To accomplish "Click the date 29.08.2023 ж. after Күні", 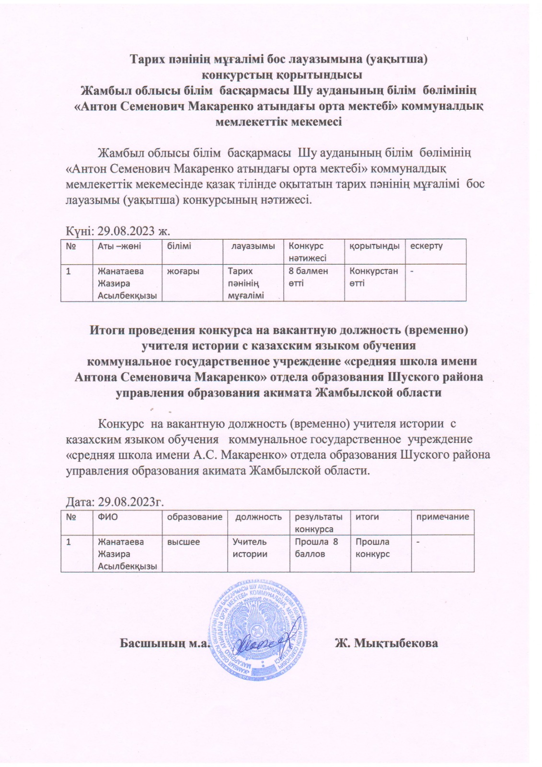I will point(134,231).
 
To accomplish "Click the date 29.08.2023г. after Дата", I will point(131,502).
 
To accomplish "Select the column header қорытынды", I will point(373,246).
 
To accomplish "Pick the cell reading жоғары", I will point(183,271).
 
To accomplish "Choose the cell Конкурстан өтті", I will point(373,277).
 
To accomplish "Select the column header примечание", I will point(442,517).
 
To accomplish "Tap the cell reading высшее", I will point(184,542).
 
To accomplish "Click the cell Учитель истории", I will point(250,548).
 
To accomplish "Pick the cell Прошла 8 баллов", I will point(316,548).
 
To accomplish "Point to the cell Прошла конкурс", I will point(372,548).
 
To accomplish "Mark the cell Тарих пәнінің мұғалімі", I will point(246,283).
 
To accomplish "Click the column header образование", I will point(195,517).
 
